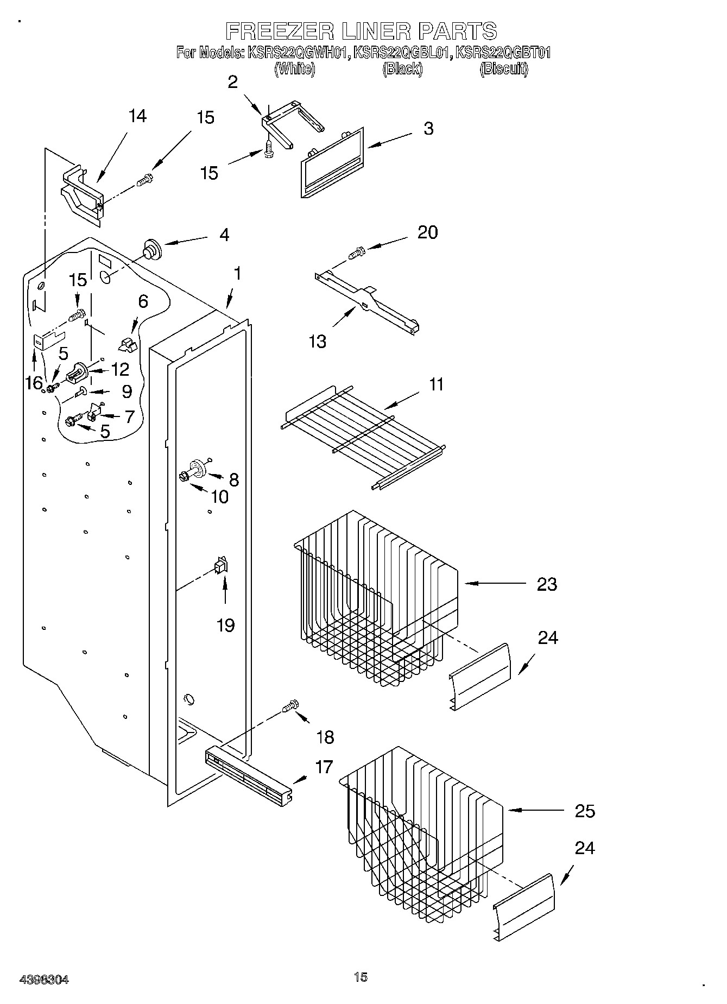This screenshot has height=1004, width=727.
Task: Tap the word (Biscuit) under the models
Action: tap(504, 69)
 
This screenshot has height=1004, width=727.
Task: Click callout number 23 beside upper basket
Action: tap(547, 584)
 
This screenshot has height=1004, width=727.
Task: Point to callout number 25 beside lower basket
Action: tap(585, 811)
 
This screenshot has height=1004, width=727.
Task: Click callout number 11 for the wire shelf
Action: tap(436, 384)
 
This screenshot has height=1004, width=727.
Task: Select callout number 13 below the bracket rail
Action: tap(318, 342)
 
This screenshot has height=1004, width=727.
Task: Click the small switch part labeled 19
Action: tap(221, 566)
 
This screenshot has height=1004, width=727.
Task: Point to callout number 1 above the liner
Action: tap(237, 274)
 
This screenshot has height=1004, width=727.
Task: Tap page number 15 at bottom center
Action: tap(361, 977)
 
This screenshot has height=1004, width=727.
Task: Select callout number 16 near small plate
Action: tap(34, 383)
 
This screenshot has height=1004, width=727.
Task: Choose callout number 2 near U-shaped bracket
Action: tap(232, 82)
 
